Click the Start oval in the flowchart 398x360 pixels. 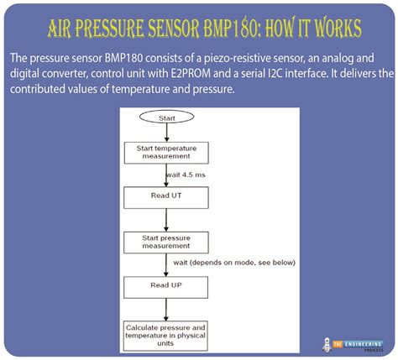click(167, 118)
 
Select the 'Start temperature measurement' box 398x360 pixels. click(165, 153)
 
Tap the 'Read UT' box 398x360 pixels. click(165, 196)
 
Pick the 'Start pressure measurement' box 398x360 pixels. click(165, 242)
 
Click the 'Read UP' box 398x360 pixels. click(165, 285)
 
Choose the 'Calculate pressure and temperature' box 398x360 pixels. click(165, 331)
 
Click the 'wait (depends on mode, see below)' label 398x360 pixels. click(233, 263)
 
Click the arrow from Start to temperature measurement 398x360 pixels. click(166, 133)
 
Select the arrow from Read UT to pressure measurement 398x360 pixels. click(166, 220)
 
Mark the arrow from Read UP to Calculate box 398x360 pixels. click(166, 309)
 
